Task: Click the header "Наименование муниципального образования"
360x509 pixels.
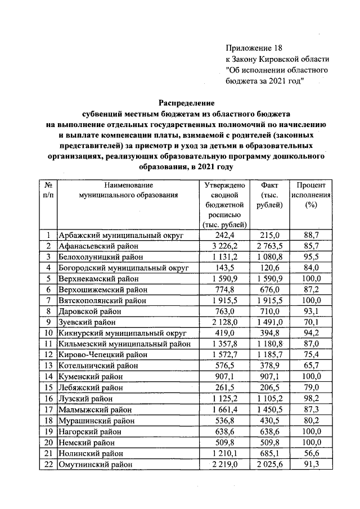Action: [128, 190]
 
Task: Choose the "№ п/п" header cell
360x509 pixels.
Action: [49, 190]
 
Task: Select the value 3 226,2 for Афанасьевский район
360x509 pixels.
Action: [224, 246]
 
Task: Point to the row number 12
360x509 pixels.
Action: [49, 355]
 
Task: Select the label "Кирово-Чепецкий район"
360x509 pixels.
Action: [102, 355]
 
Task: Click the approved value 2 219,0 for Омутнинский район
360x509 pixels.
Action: [224, 465]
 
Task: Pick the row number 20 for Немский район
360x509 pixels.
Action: [49, 443]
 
